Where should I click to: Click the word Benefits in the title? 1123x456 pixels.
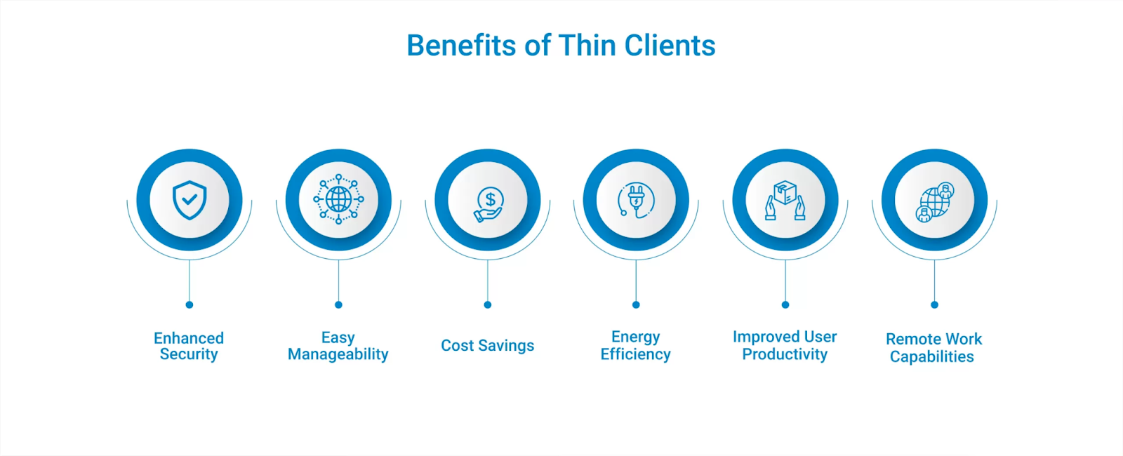coord(461,46)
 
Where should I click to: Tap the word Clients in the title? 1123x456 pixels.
coord(670,46)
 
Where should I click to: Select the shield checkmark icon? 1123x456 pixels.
coord(190,200)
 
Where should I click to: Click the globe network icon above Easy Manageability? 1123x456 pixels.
coord(338,199)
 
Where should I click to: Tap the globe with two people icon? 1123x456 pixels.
coord(934,202)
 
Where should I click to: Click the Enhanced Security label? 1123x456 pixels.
coord(189,346)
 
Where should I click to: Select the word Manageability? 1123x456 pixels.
coord(338,354)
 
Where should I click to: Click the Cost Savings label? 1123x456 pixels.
coord(487,345)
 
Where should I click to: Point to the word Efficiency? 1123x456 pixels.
coord(635,354)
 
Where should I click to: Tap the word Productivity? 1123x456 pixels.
coord(785,354)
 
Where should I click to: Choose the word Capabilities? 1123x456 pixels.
coord(931,357)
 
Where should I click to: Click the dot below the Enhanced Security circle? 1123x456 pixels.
coord(190,304)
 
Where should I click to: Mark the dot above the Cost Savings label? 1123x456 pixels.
coord(488,304)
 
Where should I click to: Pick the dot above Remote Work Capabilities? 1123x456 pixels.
coord(934,304)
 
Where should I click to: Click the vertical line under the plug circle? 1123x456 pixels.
coord(636,281)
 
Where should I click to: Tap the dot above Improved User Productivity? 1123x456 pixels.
coord(785,304)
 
